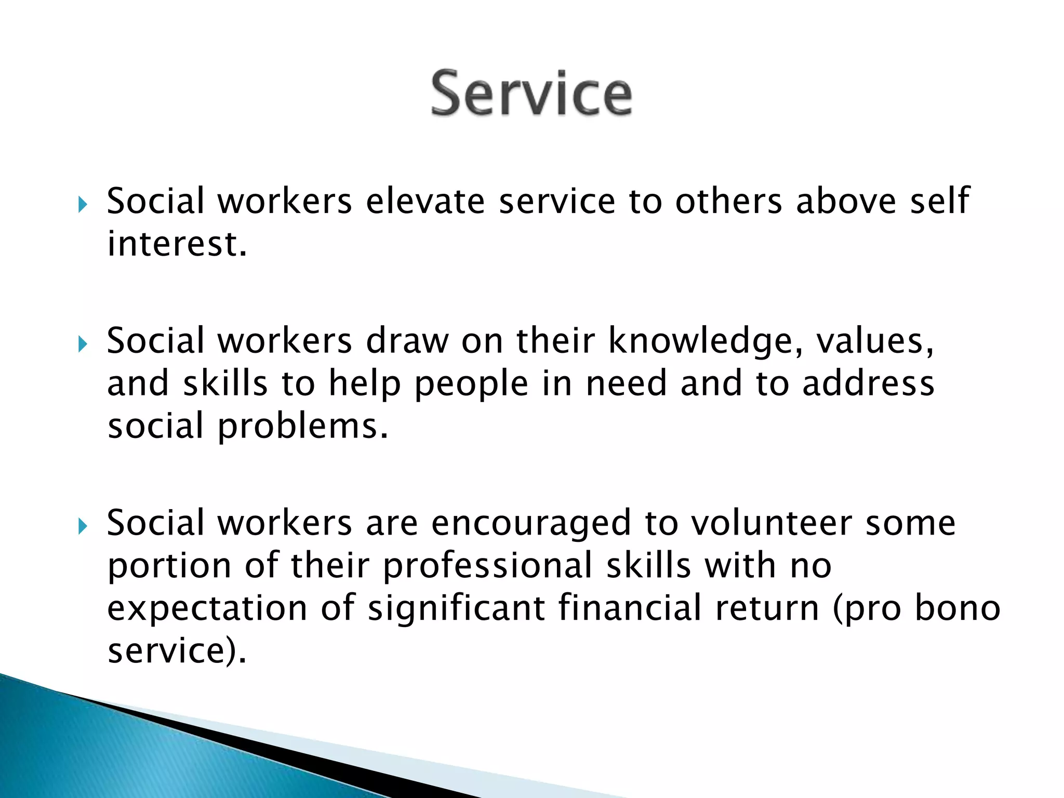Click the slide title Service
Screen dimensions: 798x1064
click(x=531, y=94)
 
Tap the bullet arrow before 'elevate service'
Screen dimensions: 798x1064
click(x=83, y=204)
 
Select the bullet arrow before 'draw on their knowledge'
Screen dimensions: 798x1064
click(x=83, y=344)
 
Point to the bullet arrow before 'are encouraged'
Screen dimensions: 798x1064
click(x=83, y=526)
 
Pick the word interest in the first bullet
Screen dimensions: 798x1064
click(x=177, y=244)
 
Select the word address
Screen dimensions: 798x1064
click(x=868, y=383)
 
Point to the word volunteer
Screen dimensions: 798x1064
click(x=772, y=523)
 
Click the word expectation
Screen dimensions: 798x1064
click(x=207, y=609)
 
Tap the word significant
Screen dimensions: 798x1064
click(x=456, y=609)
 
